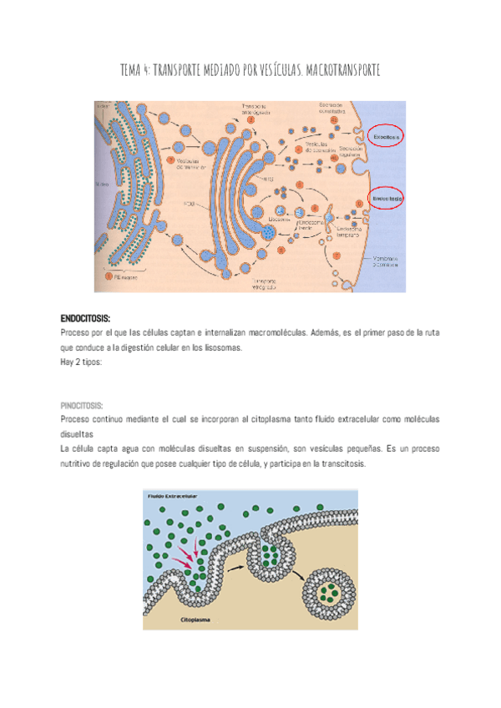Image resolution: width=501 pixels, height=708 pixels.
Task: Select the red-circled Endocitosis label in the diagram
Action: [x=387, y=200]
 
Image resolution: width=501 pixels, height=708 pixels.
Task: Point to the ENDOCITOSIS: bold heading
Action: [x=86, y=318]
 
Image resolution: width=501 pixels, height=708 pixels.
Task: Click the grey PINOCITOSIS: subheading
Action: [x=82, y=404]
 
